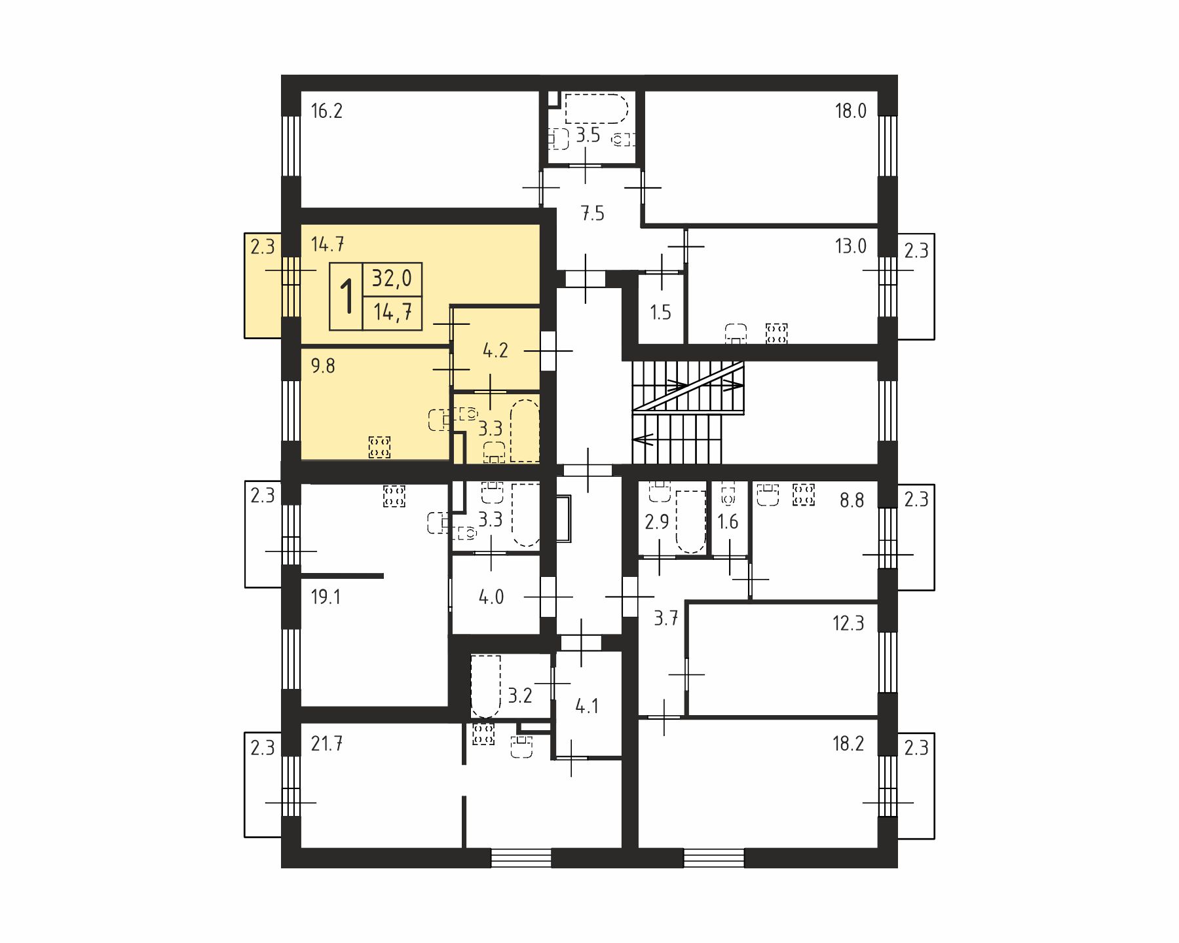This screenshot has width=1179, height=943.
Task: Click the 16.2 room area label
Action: (326, 111)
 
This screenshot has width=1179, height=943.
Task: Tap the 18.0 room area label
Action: (850, 111)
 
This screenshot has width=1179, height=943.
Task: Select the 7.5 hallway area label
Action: (592, 213)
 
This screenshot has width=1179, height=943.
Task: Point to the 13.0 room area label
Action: (850, 246)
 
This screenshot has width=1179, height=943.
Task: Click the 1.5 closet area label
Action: (660, 312)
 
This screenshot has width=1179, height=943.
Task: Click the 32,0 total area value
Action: (392, 279)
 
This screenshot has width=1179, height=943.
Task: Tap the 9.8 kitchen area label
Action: (323, 365)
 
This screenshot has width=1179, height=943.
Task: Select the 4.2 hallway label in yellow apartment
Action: (495, 350)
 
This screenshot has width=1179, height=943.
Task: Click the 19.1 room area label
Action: (326, 597)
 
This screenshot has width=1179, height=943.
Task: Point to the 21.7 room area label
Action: (327, 744)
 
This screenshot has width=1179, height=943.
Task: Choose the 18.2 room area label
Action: (848, 744)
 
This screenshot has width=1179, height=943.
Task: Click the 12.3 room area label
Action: (848, 623)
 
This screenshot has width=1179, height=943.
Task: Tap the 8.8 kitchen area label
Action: (851, 500)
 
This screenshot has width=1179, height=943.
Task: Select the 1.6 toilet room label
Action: (728, 522)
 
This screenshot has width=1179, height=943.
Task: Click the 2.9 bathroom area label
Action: (657, 522)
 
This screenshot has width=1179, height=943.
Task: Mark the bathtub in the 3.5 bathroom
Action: (596, 108)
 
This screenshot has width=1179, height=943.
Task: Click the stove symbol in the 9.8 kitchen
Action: (380, 447)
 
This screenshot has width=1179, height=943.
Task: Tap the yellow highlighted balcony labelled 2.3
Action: (263, 286)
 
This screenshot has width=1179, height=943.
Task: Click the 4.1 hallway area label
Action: (586, 706)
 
